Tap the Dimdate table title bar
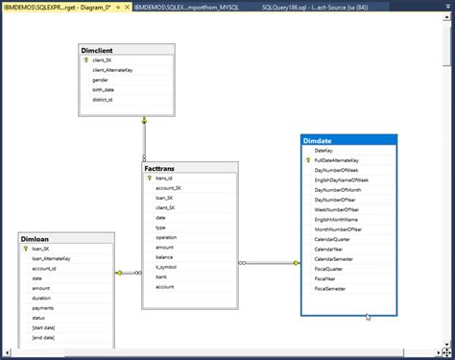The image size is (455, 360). coord(320,141)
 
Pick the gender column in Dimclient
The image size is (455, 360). coord(100,80)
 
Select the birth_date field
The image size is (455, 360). coord(104,89)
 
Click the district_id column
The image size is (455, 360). coord(103,99)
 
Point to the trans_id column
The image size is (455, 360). coord(164,179)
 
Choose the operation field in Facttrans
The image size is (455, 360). coord(166,236)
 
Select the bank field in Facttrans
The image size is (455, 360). coord(161,276)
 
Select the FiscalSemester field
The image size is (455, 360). coord(332,289)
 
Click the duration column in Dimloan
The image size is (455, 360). coord(42,298)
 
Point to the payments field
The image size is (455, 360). coord(44,307)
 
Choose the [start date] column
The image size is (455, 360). coord(44,327)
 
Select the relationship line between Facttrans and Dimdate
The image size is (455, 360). coord(269,262)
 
